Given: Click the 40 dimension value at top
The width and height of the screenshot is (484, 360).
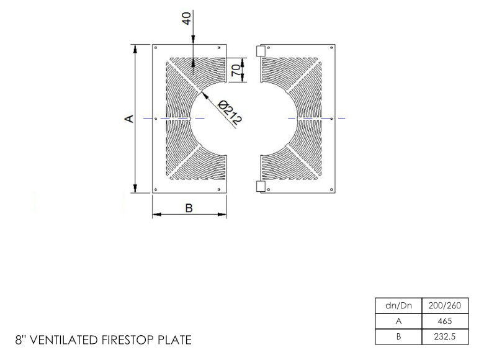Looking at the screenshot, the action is click(186, 18).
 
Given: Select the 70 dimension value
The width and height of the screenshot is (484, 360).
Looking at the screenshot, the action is click(236, 70).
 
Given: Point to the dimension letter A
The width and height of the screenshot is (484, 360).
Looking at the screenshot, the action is click(130, 119).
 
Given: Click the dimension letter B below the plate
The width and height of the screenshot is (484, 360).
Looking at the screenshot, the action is click(189, 208).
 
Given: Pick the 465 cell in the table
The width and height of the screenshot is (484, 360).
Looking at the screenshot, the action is click(445, 321).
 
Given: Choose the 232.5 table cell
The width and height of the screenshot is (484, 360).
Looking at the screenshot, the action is click(445, 336).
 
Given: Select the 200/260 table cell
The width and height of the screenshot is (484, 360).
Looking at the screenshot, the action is click(445, 305).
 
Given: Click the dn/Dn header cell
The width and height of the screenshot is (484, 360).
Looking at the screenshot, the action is click(398, 305).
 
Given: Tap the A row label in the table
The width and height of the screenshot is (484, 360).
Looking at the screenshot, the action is click(398, 321).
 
